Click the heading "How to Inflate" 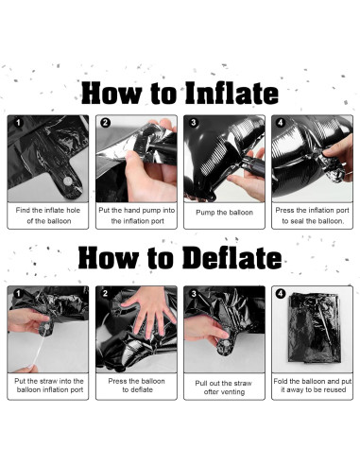point(180,93)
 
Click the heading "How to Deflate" point(180,258)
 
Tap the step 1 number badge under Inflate point(19,123)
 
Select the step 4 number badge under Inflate point(281,123)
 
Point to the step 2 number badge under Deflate point(105,294)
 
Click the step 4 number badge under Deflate point(281,294)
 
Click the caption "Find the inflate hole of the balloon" point(48,215)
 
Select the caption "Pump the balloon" point(224,213)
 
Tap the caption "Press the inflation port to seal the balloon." point(312,215)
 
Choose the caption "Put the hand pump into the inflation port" point(137,215)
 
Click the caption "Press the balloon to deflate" point(137,386)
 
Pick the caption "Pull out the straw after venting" point(224,387)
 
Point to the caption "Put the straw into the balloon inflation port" point(49,386)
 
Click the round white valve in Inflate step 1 point(68,181)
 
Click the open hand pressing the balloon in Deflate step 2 point(150,310)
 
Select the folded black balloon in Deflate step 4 point(315,328)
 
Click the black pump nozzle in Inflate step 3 point(252,164)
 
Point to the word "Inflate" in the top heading point(231,93)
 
